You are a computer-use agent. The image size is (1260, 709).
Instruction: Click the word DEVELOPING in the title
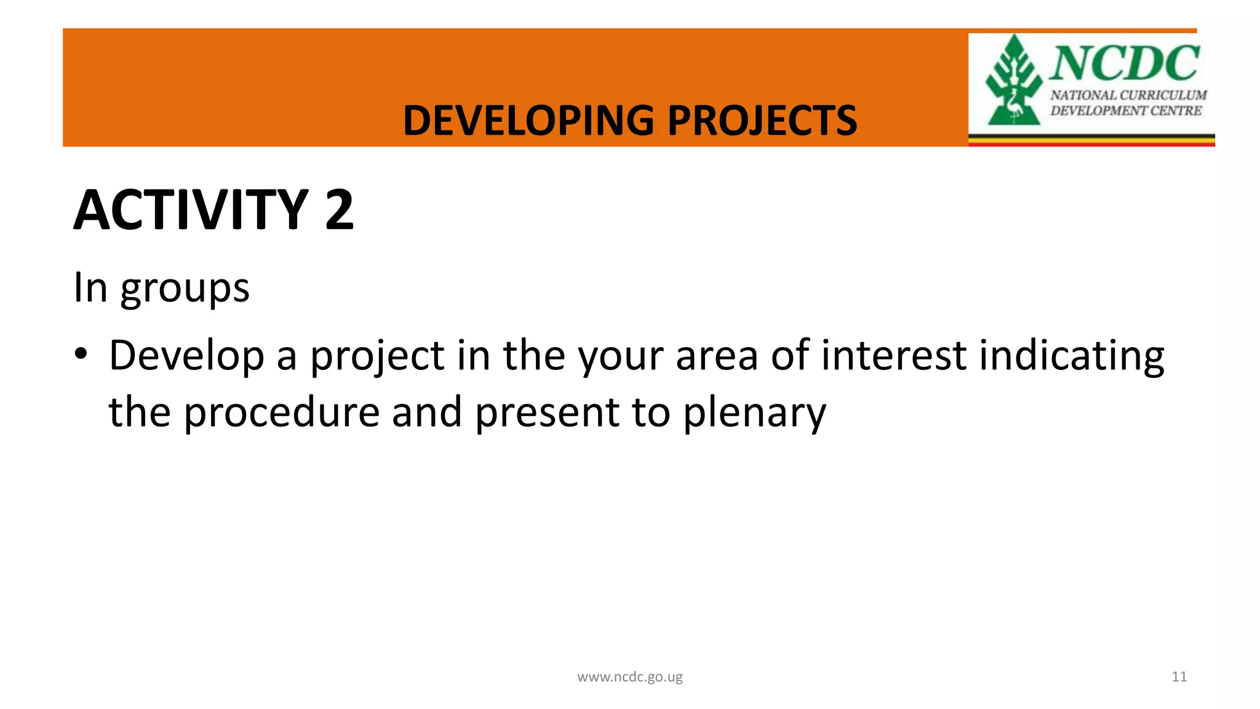[528, 120]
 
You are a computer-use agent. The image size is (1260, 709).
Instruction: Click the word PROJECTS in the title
[762, 120]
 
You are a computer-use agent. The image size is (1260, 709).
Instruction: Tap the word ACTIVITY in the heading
[191, 210]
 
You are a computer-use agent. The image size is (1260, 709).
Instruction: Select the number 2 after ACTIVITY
[339, 210]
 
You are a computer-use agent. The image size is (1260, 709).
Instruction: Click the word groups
[185, 288]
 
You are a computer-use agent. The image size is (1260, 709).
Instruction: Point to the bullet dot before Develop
[81, 355]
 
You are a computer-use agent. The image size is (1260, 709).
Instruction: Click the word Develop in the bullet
[186, 356]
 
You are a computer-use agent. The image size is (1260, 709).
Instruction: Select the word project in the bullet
[377, 356]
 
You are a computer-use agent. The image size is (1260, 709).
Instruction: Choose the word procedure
[281, 413]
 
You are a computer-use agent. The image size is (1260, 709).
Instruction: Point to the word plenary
[754, 413]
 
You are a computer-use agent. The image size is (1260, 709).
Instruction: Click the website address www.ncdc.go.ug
[629, 677]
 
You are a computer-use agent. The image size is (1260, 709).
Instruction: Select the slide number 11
[1179, 676]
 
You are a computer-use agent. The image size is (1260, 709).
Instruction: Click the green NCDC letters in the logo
[1124, 63]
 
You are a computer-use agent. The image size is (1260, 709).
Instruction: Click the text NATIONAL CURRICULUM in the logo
[1128, 95]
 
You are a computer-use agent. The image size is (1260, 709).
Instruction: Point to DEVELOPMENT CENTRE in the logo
[1125, 111]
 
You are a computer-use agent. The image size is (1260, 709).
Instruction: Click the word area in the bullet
[716, 356]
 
